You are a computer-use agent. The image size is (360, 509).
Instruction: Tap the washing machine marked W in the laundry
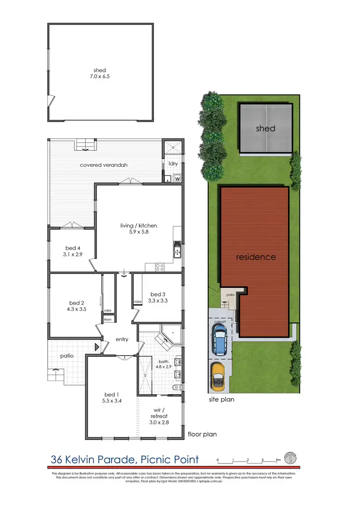[178, 179]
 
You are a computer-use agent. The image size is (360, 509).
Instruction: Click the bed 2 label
[77, 303]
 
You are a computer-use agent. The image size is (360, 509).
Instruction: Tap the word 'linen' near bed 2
[108, 319]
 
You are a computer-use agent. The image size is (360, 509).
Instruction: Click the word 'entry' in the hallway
[122, 339]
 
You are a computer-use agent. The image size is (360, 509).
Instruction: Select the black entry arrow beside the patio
[97, 346]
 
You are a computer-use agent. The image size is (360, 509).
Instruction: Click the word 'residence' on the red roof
[256, 257]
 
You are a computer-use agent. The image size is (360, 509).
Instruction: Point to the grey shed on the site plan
[265, 129]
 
